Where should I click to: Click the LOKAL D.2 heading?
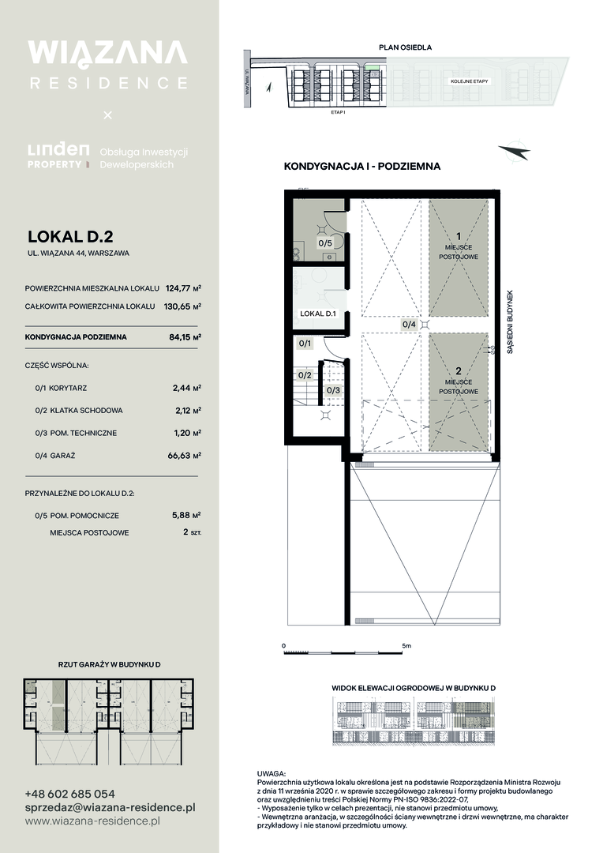(70, 237)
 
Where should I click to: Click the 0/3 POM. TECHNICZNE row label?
(76, 433)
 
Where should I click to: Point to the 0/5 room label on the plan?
(325, 243)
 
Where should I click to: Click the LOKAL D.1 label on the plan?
(318, 314)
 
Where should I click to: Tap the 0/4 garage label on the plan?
(408, 325)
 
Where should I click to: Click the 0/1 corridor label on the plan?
(305, 344)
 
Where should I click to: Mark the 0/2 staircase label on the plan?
(305, 375)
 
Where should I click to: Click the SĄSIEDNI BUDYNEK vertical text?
(510, 322)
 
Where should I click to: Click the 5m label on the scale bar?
(406, 646)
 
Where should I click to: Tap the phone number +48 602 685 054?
(70, 794)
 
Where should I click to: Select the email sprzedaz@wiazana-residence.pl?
(110, 808)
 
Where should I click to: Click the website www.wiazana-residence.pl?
(92, 821)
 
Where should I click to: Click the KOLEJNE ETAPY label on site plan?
(470, 81)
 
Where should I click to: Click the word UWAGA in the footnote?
(271, 773)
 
